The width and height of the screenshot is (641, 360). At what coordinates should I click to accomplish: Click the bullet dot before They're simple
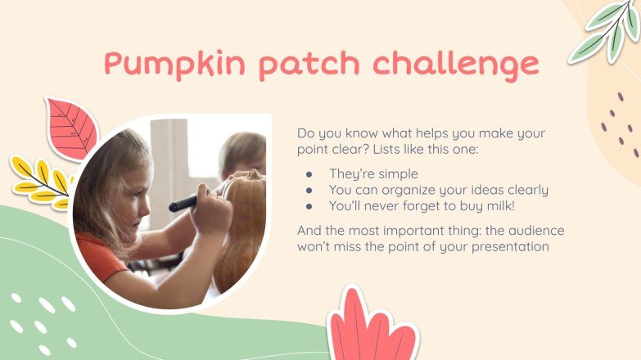tap(309, 173)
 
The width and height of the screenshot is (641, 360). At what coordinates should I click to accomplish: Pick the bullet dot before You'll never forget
tap(309, 206)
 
